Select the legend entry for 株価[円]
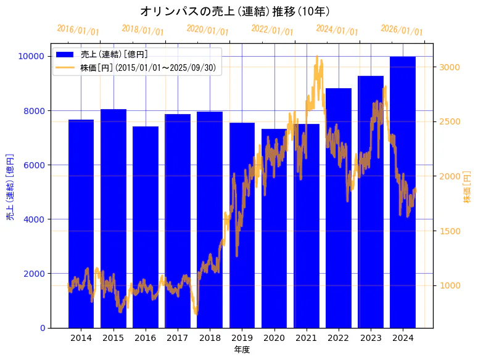point(148,68)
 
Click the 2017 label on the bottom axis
point(178,338)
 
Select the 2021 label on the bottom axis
point(307,338)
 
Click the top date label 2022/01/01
point(272,30)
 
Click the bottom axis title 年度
point(242,350)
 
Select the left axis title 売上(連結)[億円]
point(10,186)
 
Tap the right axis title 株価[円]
point(467,186)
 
